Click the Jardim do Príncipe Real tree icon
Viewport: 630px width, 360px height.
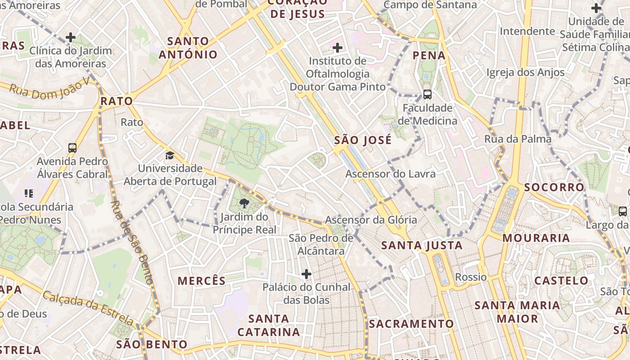coord(244,203)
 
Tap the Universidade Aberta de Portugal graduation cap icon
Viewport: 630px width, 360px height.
coord(170,156)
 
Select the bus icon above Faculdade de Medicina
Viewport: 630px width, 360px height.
coord(427,94)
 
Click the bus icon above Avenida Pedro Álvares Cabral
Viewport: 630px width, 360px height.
coord(72,148)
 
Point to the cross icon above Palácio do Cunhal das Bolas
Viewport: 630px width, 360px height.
coord(306,274)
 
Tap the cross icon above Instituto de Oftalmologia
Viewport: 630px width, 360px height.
coord(337,47)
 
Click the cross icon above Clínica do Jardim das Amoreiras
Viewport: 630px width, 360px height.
coord(71,37)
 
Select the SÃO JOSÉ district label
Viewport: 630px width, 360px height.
coord(363,140)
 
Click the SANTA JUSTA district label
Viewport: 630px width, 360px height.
coord(422,246)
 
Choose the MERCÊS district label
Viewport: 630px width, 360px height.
coord(202,281)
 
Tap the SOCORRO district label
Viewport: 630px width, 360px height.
coord(554,187)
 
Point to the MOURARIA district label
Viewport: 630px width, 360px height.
coord(536,238)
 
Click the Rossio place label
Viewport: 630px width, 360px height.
coord(471,277)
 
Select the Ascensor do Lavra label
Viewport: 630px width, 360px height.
coord(390,174)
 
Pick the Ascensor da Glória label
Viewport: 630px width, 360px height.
coord(371,220)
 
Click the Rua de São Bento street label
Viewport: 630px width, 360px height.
coord(132,243)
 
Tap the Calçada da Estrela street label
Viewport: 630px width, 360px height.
coord(88,308)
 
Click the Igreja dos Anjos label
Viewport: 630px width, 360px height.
coord(525,72)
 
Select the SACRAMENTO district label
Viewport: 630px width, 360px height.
coord(411,324)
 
